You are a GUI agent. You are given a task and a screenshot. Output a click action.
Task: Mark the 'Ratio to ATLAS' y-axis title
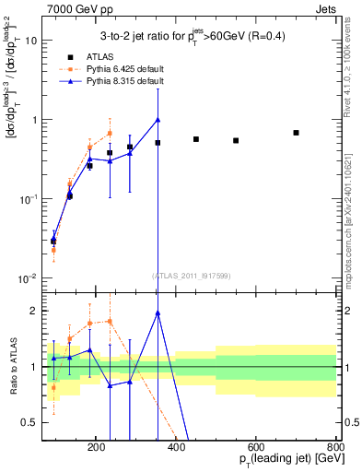pos(14,368)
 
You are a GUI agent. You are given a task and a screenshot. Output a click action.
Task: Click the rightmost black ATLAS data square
pos(296,133)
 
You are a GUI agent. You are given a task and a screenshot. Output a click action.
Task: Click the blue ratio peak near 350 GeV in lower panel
pos(158,313)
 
